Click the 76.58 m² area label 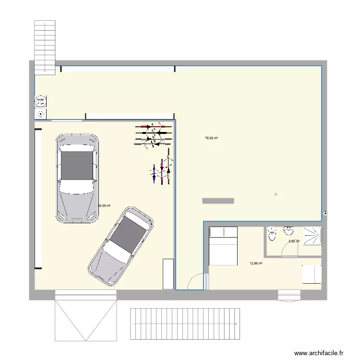211,138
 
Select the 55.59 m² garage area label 104,206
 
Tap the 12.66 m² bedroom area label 256,263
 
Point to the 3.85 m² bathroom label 294,241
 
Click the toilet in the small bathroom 272,235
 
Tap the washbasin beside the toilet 289,230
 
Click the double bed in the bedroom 223,246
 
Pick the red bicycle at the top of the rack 154,127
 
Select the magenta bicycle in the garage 162,172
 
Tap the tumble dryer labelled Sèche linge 41,101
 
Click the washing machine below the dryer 41,114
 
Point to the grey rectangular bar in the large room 218,201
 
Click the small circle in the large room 276,194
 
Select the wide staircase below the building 185,324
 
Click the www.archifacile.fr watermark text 319,353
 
